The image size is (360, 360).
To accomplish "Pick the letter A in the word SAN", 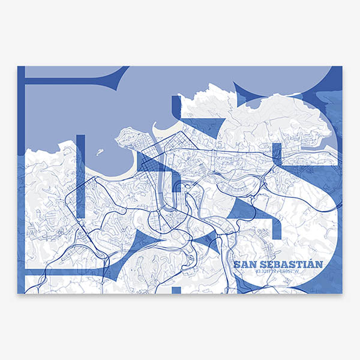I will click(x=244, y=264).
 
